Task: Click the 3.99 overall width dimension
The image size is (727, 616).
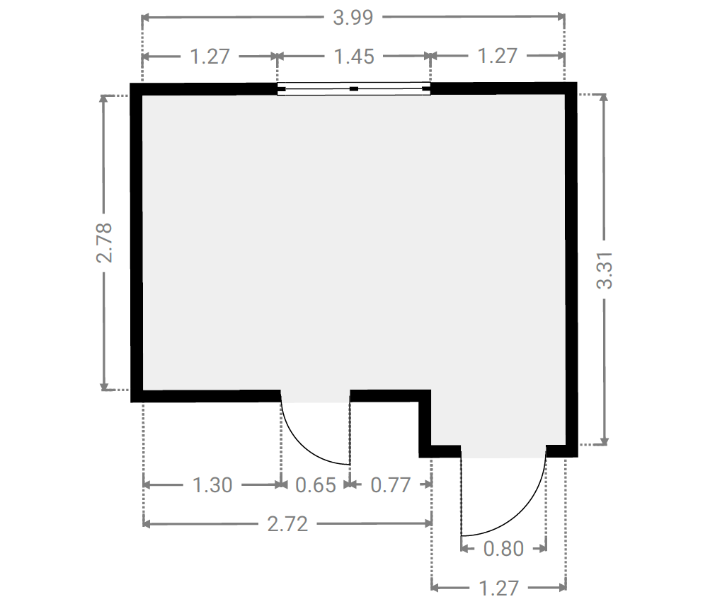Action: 353,18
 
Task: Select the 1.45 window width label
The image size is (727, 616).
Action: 354,57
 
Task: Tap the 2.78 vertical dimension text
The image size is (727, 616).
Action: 104,243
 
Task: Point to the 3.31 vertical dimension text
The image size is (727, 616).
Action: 605,270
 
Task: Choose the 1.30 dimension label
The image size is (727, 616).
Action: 212,485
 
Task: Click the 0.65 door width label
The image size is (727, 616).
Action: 315,485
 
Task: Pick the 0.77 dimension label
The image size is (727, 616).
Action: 390,485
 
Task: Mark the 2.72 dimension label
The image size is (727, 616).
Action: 287,524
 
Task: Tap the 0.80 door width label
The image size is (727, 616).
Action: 503,549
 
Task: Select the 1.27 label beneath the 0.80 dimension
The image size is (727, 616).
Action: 498,588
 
